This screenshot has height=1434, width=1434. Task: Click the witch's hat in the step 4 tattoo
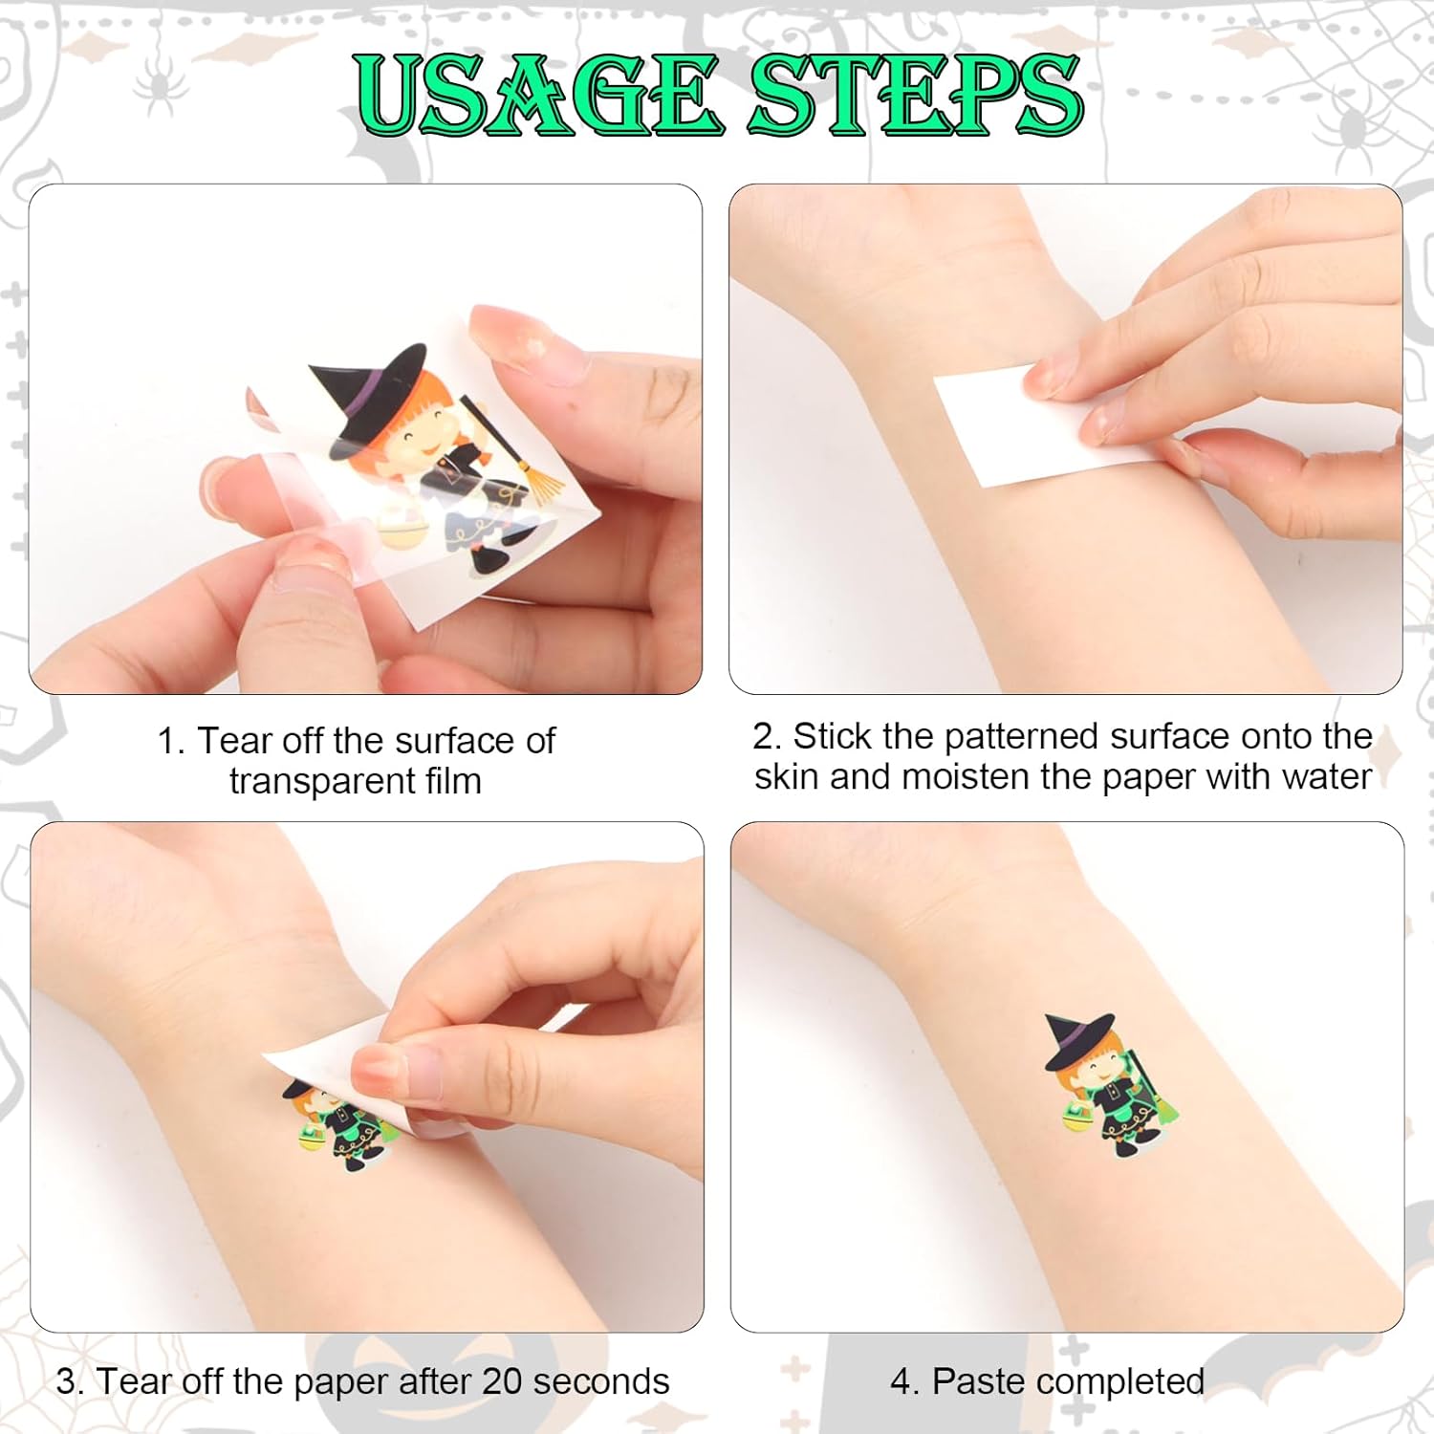tap(1079, 1041)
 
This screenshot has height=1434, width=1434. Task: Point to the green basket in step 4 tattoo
tap(1077, 1118)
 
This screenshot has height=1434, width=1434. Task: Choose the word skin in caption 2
tap(787, 776)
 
